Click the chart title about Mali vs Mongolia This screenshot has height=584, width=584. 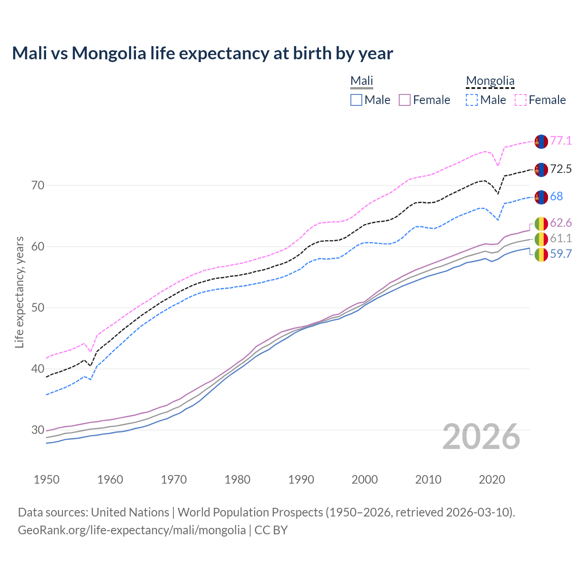[202, 53]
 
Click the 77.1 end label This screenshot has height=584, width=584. [561, 141]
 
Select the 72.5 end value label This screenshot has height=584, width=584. [561, 169]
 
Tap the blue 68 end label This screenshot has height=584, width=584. [557, 196]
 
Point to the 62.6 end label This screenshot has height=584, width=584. [561, 223]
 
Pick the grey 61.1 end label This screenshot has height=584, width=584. [561, 238]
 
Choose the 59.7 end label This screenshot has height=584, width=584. [561, 254]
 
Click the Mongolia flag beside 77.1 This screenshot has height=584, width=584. [541, 141]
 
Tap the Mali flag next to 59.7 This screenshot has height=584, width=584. [541, 255]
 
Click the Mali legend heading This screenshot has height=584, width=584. [362, 81]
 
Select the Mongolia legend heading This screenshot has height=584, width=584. [490, 81]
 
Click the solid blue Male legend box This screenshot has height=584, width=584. [356, 100]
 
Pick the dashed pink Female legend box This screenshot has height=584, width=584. [521, 100]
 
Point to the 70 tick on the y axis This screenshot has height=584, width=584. [38, 185]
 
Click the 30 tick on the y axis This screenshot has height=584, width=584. [38, 430]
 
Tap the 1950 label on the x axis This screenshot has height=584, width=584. [47, 480]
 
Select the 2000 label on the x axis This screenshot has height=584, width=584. [365, 480]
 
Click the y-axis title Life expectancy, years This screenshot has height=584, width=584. [19, 292]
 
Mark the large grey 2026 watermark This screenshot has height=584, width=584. [481, 437]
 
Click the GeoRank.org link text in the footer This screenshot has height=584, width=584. [132, 530]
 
